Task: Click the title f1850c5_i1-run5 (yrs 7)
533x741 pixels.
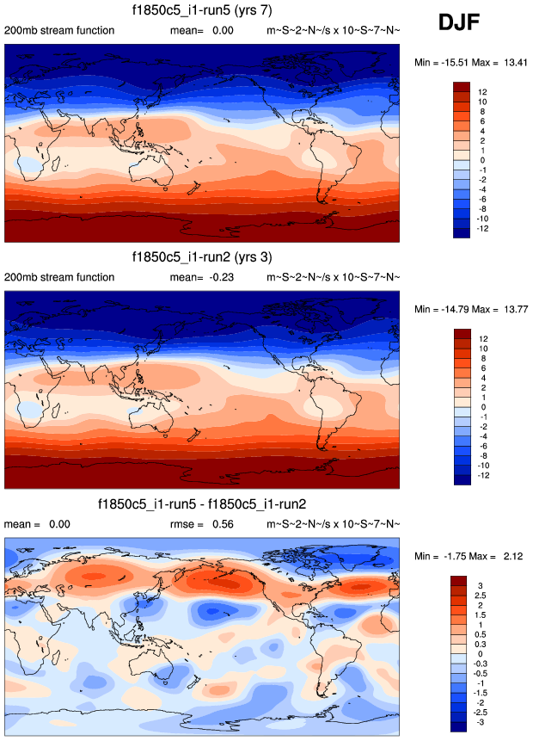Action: pos(202,10)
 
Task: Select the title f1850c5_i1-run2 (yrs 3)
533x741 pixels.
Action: pos(202,256)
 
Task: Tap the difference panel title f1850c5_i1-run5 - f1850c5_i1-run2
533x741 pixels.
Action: pos(202,503)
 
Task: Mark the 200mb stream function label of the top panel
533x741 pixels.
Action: pos(59,31)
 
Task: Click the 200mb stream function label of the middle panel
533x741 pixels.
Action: pos(59,277)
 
